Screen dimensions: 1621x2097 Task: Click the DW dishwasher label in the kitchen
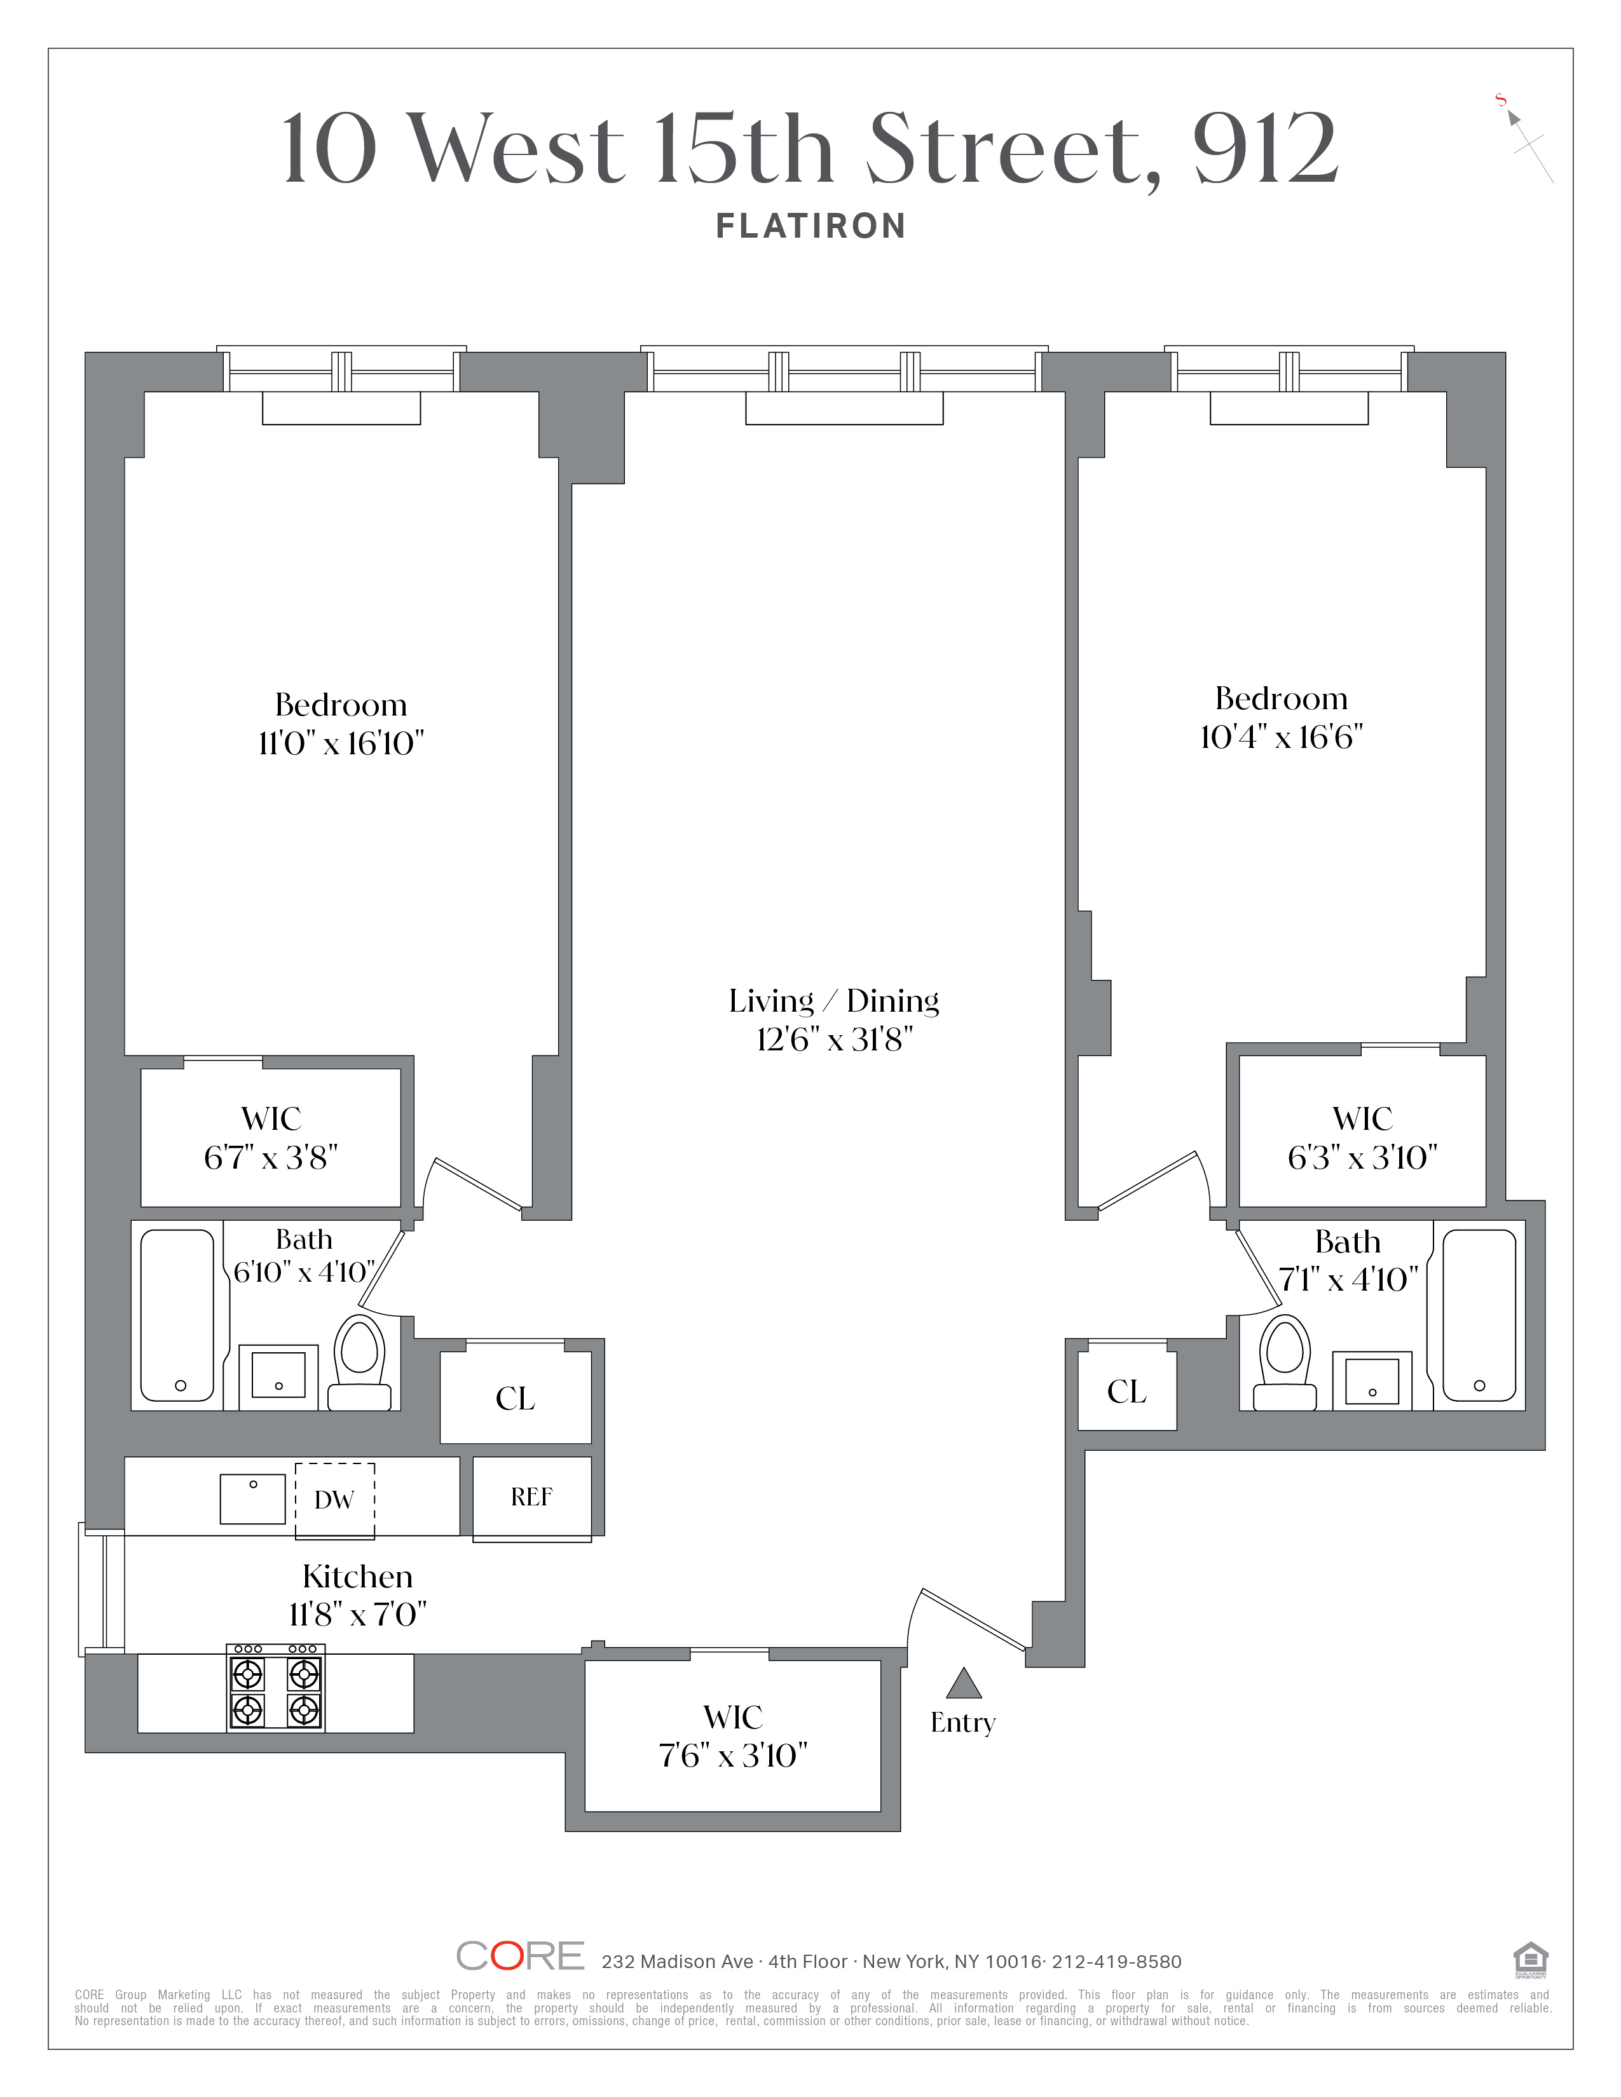coord(334,1500)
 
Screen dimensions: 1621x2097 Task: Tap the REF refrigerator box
coord(532,1497)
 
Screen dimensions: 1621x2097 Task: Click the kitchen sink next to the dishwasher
coord(252,1499)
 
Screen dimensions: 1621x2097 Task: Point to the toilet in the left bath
coord(360,1362)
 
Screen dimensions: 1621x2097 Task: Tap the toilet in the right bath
coord(1285,1362)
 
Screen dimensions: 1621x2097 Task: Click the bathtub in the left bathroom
coord(177,1315)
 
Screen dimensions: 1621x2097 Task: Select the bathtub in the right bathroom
coord(1479,1315)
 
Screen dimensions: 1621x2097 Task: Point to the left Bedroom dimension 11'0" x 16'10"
coord(341,743)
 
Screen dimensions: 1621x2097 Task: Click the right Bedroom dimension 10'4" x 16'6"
coord(1282,737)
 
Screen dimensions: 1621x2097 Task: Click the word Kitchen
coord(357,1577)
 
